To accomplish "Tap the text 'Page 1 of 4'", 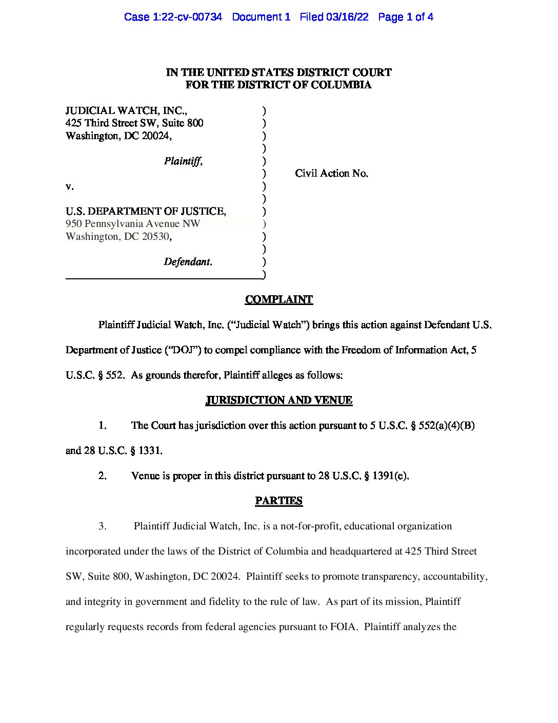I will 406,17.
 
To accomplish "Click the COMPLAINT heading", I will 278,299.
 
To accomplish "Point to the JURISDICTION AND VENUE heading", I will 278,400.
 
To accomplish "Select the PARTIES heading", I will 278,501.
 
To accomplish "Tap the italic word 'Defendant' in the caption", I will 187,262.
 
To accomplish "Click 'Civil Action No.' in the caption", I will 331,174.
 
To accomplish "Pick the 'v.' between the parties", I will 69,186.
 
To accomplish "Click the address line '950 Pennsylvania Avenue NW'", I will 133,224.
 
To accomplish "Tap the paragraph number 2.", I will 103,476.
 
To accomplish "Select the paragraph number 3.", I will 103,526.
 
